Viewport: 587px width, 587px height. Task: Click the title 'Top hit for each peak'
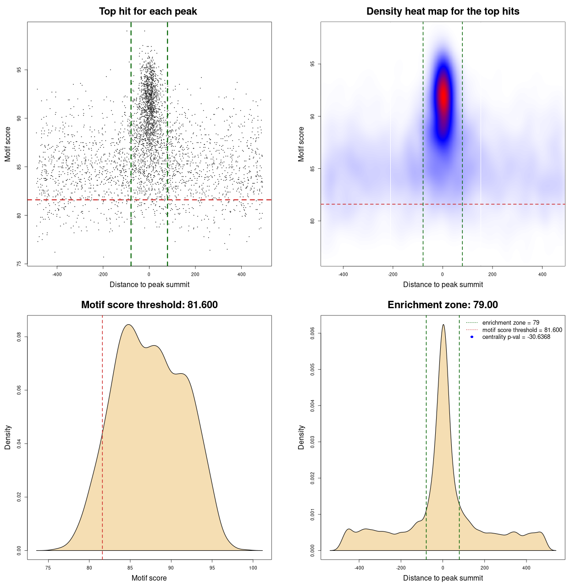pyautogui.click(x=148, y=11)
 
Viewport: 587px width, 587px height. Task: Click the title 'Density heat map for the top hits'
pyautogui.click(x=443, y=11)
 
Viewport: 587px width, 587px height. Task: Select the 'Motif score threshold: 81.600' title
pyautogui.click(x=149, y=305)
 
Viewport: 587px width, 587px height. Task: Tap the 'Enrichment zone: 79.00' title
pyautogui.click(x=443, y=305)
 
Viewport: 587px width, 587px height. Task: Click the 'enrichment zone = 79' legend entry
pyautogui.click(x=510, y=323)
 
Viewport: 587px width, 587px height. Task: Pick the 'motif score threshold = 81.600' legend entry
pyautogui.click(x=522, y=330)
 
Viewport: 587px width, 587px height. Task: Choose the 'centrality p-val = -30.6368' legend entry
pyautogui.click(x=516, y=337)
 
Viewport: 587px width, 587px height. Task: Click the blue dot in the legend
pyautogui.click(x=472, y=337)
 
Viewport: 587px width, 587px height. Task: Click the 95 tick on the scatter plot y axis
pyautogui.click(x=19, y=70)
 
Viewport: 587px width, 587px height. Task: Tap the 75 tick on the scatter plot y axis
pyautogui.click(x=19, y=264)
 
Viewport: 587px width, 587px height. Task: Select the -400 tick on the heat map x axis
pyautogui.click(x=343, y=274)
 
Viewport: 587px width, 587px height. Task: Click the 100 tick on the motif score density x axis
pyautogui.click(x=253, y=568)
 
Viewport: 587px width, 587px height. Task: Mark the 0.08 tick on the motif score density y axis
pyautogui.click(x=19, y=337)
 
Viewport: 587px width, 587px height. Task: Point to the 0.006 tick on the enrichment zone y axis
pyautogui.click(x=313, y=333)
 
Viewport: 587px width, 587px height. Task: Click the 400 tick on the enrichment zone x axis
pyautogui.click(x=526, y=568)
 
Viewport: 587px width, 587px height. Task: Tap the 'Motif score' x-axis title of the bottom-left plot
pyautogui.click(x=149, y=578)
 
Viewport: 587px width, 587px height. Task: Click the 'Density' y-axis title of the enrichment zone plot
pyautogui.click(x=301, y=437)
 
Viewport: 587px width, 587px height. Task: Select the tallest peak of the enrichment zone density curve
pyautogui.click(x=443, y=325)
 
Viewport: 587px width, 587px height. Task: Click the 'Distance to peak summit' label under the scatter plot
pyautogui.click(x=150, y=284)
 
